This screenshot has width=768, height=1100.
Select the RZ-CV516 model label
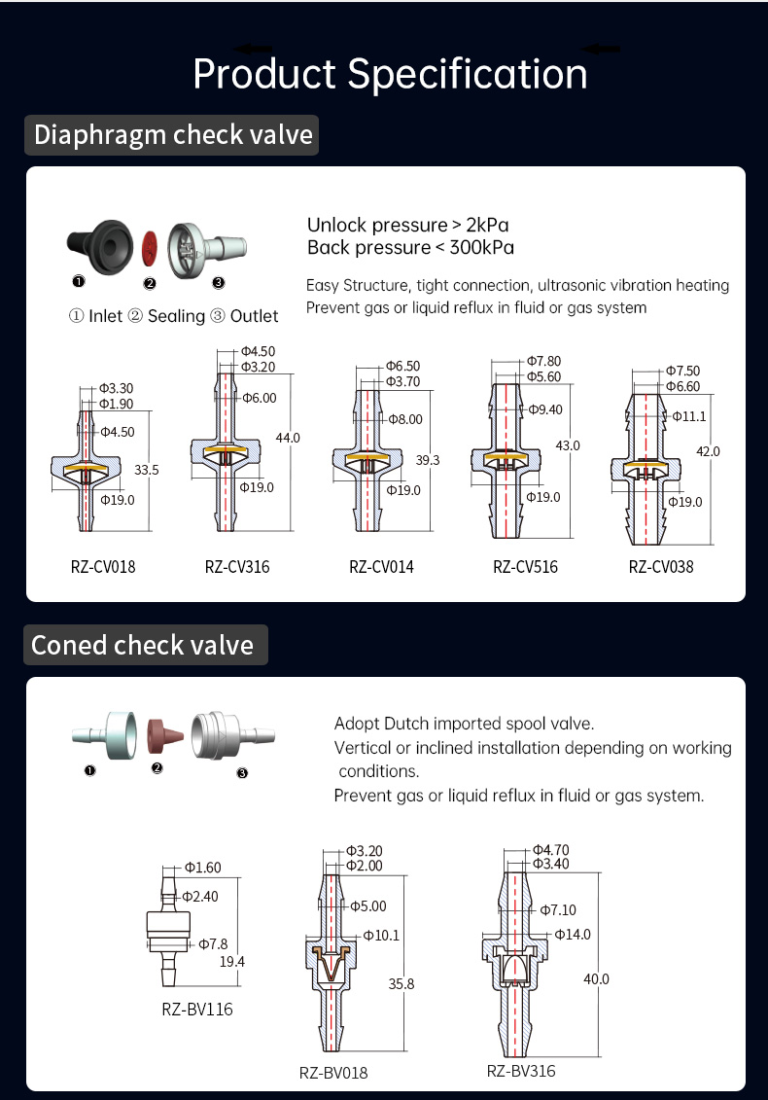pyautogui.click(x=525, y=566)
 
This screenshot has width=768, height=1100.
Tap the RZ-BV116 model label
pyautogui.click(x=197, y=1009)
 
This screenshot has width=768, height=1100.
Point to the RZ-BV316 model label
pyautogui.click(x=521, y=1071)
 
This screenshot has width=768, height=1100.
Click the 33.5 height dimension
pyautogui.click(x=147, y=469)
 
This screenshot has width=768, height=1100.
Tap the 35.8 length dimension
pyautogui.click(x=401, y=984)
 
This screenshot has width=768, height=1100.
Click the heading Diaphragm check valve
pyautogui.click(x=173, y=134)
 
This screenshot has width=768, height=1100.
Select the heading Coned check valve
pyautogui.click(x=142, y=645)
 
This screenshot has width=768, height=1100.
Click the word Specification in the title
pyautogui.click(x=468, y=74)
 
